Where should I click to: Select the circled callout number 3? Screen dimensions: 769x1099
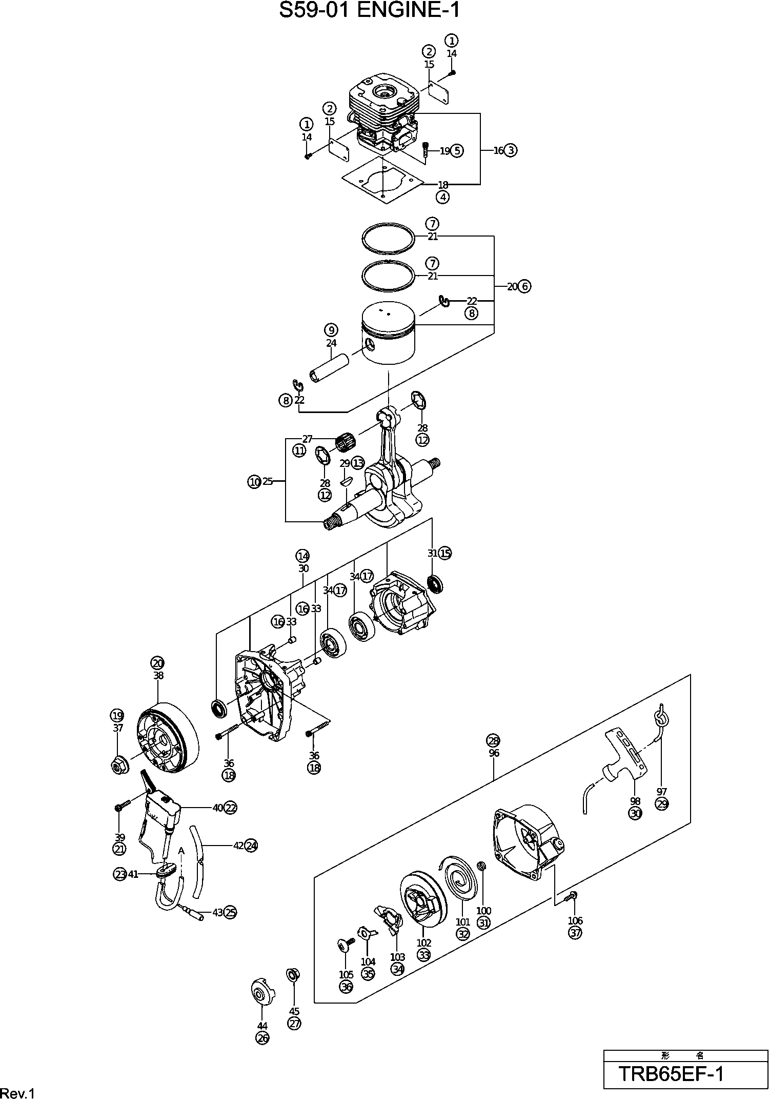(x=511, y=150)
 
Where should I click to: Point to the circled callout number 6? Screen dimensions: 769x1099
(x=524, y=286)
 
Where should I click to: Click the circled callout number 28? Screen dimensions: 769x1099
(x=493, y=740)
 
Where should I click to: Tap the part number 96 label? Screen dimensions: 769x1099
(x=494, y=753)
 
